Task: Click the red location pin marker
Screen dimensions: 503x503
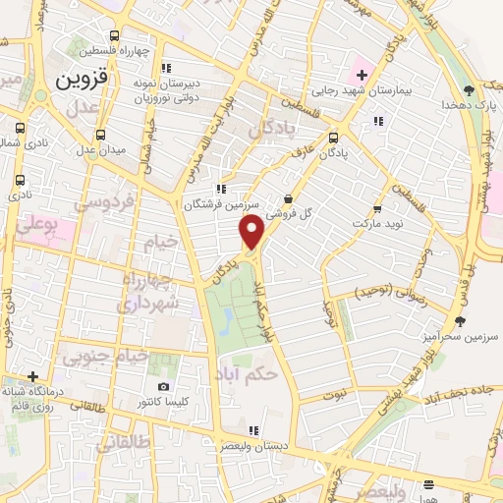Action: [252, 232]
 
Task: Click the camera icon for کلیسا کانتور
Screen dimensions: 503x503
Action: [163, 387]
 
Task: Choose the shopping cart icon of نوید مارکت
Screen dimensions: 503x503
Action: [377, 209]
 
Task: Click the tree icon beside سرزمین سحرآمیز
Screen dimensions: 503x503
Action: [460, 320]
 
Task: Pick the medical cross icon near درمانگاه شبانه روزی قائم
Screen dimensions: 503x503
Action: [33, 376]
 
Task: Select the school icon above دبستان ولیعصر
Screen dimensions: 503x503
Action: [253, 429]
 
